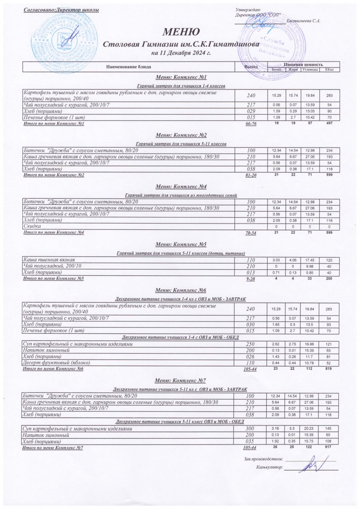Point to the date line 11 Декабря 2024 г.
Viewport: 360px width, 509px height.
point(181,53)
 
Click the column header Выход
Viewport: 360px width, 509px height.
point(251,67)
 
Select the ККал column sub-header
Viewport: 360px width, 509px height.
point(329,70)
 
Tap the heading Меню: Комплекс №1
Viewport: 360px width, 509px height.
point(181,78)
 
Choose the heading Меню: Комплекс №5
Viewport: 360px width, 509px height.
point(181,244)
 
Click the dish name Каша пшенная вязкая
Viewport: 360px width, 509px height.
point(46,259)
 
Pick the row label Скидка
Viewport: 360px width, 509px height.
point(30,227)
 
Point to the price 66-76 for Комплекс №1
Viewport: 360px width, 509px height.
point(251,124)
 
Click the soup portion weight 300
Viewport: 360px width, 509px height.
point(251,429)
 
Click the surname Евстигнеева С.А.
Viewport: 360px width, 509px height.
point(304,21)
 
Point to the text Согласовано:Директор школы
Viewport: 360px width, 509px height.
point(61,9)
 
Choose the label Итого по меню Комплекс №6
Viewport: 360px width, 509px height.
point(53,369)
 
